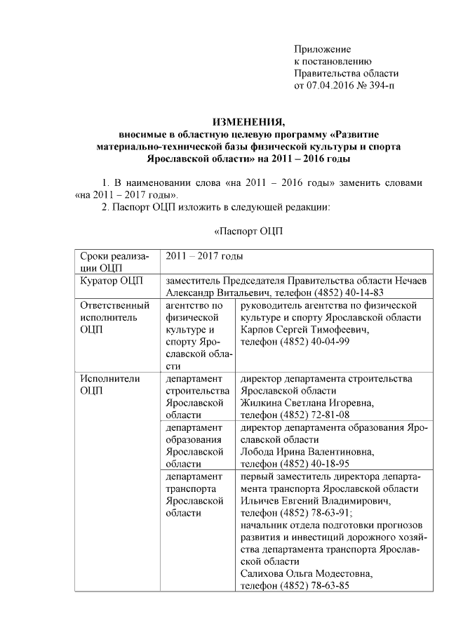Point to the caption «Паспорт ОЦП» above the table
click(x=248, y=232)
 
